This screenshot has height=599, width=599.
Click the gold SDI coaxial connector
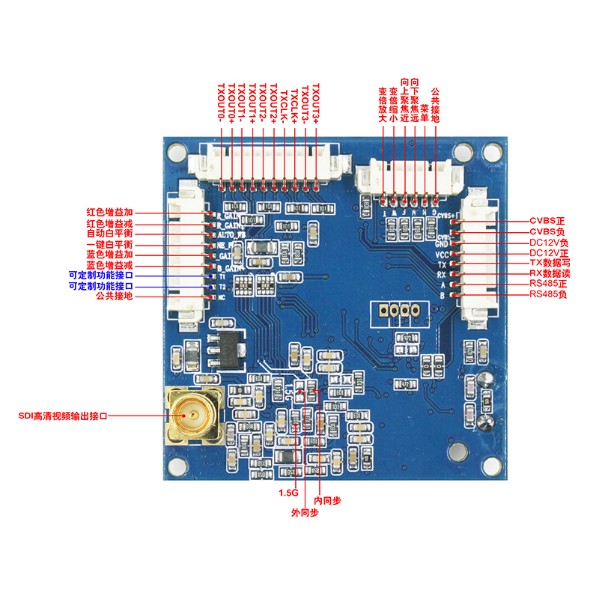click(x=192, y=416)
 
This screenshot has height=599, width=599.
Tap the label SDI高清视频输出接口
click(x=63, y=416)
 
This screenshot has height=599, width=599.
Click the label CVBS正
click(x=547, y=221)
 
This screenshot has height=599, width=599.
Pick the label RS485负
click(x=547, y=295)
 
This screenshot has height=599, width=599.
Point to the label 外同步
click(x=305, y=513)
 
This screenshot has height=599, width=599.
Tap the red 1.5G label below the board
click(x=288, y=493)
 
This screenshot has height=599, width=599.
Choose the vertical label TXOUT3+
click(x=316, y=103)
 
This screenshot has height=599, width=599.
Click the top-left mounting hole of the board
click(x=177, y=153)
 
